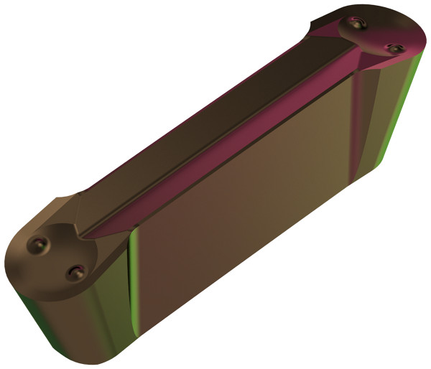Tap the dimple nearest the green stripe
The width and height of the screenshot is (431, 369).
coord(76,272)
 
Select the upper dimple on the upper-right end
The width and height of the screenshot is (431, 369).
coord(356,24)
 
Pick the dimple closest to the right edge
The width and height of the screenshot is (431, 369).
coord(393,48)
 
